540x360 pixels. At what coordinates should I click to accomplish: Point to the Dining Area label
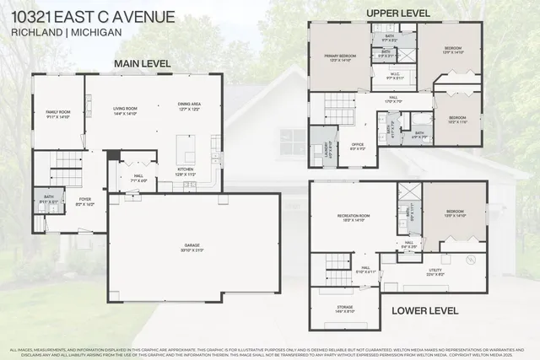coord(189,106)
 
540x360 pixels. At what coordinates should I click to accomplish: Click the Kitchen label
coord(186,170)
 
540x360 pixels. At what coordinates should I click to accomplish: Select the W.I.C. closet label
coord(393,77)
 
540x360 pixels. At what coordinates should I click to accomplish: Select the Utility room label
coord(436,271)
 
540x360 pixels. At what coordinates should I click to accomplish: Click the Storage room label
coord(346,309)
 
